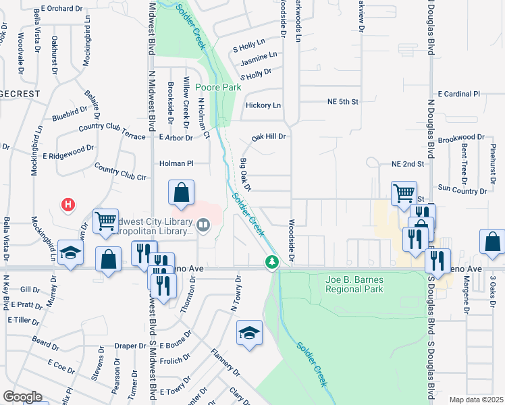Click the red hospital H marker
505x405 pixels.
pyautogui.click(x=68, y=203)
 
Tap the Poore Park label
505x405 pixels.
pyautogui.click(x=218, y=87)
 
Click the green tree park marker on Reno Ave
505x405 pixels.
pyautogui.click(x=271, y=261)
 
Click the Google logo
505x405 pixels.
pyautogui.click(x=22, y=397)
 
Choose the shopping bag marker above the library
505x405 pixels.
pyautogui.click(x=182, y=193)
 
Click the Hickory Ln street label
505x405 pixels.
pyautogui.click(x=263, y=105)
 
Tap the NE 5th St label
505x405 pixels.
pyautogui.click(x=338, y=101)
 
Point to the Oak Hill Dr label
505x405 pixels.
pyautogui.click(x=269, y=136)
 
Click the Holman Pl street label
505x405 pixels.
pyautogui.click(x=176, y=163)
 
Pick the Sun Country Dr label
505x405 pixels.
pyautogui.click(x=462, y=190)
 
